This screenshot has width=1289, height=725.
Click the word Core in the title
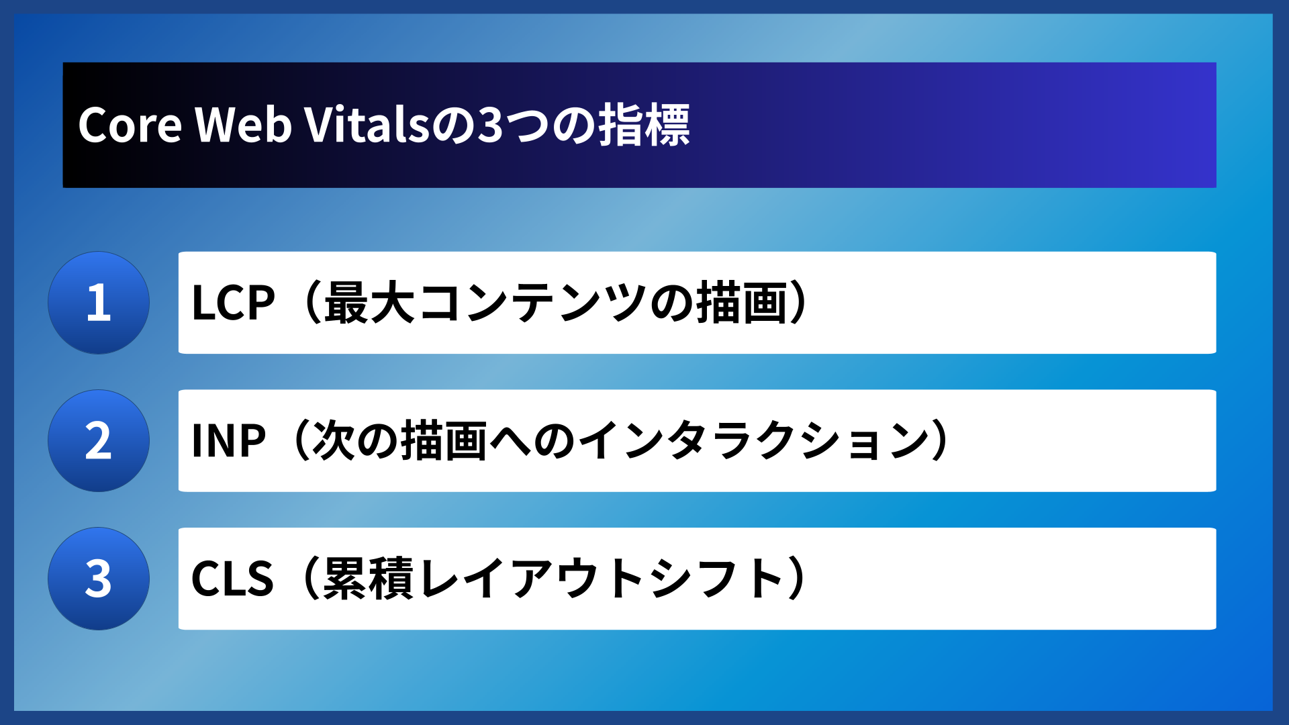(130, 125)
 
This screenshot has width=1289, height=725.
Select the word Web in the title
(243, 125)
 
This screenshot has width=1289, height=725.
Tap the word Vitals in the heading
(367, 125)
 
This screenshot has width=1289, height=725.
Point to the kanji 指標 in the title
(644, 125)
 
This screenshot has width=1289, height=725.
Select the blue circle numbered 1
(99, 303)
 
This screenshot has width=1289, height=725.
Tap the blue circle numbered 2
(99, 441)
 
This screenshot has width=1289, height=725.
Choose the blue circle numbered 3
(99, 579)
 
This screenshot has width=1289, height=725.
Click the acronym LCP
(233, 303)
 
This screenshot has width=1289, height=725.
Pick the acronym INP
(228, 441)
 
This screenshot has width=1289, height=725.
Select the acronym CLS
(232, 579)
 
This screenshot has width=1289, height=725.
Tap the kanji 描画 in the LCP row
(741, 303)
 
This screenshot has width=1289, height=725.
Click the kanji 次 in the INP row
(333, 441)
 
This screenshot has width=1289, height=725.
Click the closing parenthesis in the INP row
(940, 441)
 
